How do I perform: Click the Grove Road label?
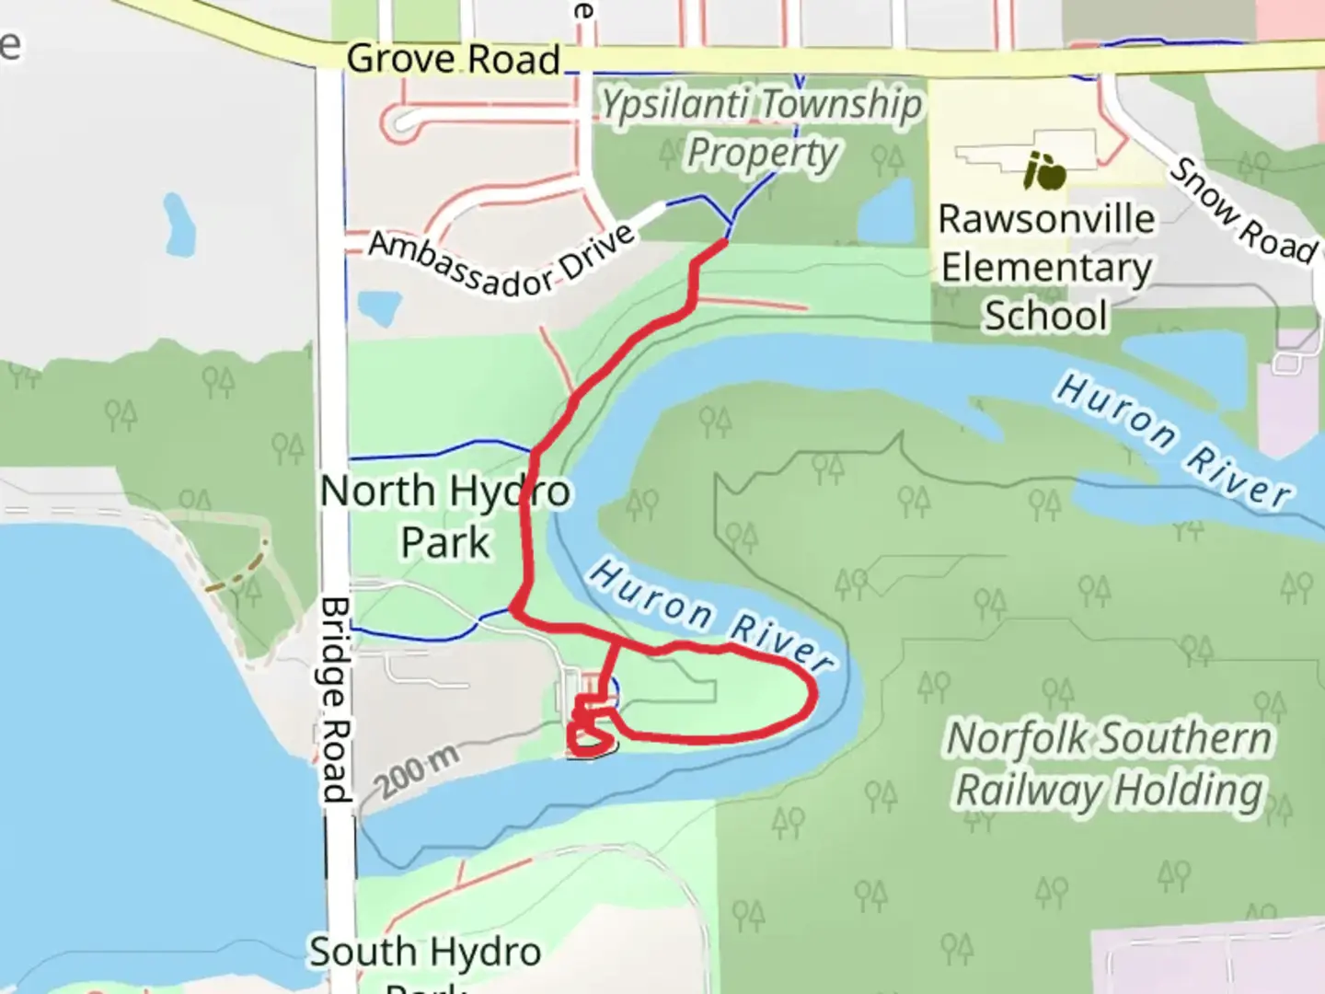(453, 60)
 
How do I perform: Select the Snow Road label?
(1243, 211)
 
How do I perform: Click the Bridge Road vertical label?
(335, 699)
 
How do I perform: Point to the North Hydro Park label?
(445, 516)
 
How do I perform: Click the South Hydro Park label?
(425, 957)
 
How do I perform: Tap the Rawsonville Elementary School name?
(1046, 267)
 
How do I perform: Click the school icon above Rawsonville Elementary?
(1044, 171)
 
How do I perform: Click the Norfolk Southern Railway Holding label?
(1110, 764)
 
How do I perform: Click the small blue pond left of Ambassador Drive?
(377, 306)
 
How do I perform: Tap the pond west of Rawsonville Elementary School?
(887, 211)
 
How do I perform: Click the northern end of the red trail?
(723, 242)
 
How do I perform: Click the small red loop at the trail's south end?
(590, 736)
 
